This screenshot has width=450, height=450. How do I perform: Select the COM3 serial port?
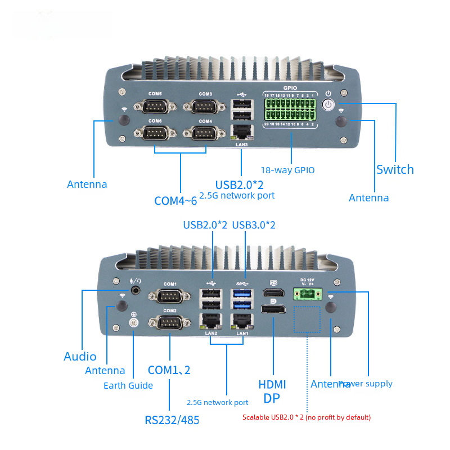tap(205, 107)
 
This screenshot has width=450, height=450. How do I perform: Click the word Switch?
tap(395, 169)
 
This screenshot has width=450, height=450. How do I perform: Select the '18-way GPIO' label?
tap(287, 170)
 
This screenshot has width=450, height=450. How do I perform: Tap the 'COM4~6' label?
tap(175, 200)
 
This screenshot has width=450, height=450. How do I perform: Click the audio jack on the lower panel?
tap(136, 291)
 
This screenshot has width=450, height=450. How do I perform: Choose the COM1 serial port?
tap(169, 297)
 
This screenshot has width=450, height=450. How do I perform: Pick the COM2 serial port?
tap(169, 323)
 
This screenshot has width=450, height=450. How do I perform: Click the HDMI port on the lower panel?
tap(273, 294)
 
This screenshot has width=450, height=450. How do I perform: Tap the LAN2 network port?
tap(211, 322)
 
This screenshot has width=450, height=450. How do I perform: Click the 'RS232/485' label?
tap(172, 420)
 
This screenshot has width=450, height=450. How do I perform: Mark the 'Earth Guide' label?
tap(128, 385)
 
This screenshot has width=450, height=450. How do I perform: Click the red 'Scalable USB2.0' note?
tap(307, 417)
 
